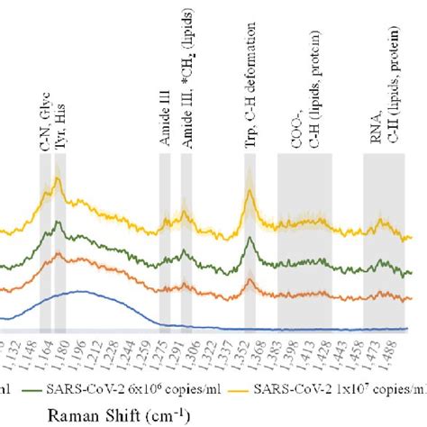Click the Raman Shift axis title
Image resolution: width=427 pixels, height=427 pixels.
138,413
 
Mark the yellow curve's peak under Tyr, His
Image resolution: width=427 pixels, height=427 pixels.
58,180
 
